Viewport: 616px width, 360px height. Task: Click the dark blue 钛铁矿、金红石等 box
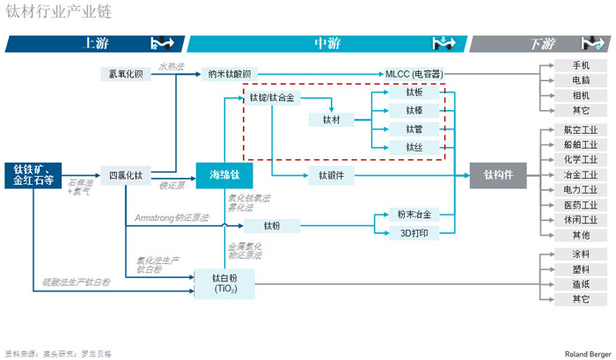click(x=33, y=174)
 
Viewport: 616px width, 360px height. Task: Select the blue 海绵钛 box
click(x=224, y=174)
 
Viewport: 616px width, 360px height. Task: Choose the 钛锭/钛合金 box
click(x=272, y=98)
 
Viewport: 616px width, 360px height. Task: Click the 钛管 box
click(x=414, y=129)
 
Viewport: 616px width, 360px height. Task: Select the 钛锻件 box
click(x=331, y=175)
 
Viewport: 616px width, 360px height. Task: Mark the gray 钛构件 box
click(x=497, y=175)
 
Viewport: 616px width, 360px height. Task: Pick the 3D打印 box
click(x=414, y=232)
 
